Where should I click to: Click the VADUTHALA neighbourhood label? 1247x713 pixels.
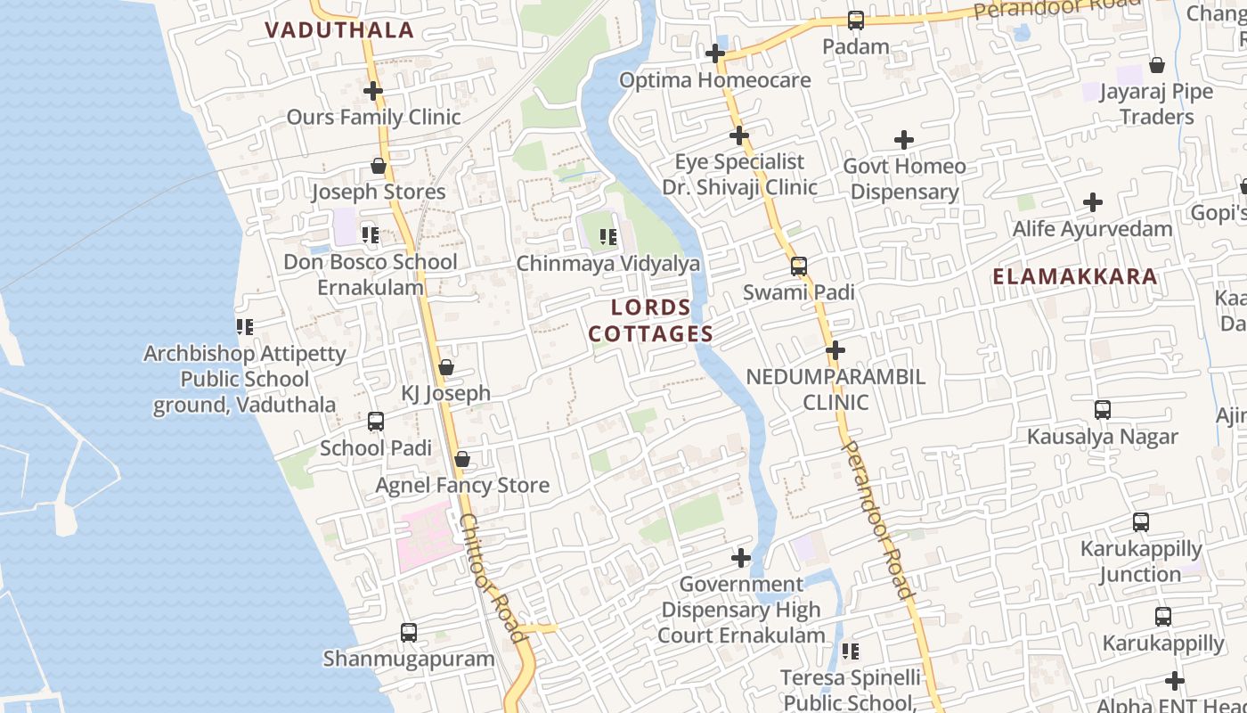tap(339, 30)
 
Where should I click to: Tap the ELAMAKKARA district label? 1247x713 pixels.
tap(1075, 276)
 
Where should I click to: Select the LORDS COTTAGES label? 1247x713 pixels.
tap(651, 321)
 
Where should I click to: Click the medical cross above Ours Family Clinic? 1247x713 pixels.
tap(373, 91)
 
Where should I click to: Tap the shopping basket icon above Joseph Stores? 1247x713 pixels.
tap(379, 166)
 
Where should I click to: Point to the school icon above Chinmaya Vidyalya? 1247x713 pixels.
tap(608, 237)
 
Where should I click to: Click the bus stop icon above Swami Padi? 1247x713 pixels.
tap(799, 266)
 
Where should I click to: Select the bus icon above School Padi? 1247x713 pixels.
tap(376, 422)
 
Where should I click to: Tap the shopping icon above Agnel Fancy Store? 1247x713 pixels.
tap(462, 459)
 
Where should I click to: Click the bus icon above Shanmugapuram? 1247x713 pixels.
tap(409, 633)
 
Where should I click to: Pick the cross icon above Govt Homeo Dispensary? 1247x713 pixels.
tap(904, 140)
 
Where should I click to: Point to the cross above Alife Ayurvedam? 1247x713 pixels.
tap(1093, 202)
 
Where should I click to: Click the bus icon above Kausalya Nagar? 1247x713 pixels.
tap(1103, 410)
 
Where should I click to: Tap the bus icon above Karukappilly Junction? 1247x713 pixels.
tap(1141, 522)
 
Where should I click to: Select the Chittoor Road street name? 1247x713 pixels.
tap(493, 577)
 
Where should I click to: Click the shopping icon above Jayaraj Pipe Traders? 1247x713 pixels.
tap(1157, 65)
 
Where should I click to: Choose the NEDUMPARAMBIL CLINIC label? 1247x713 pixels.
tap(835, 389)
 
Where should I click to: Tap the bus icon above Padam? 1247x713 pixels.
tap(856, 20)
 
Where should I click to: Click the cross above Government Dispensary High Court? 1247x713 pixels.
tap(741, 558)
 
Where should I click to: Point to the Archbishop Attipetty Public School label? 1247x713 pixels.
tap(245, 379)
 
